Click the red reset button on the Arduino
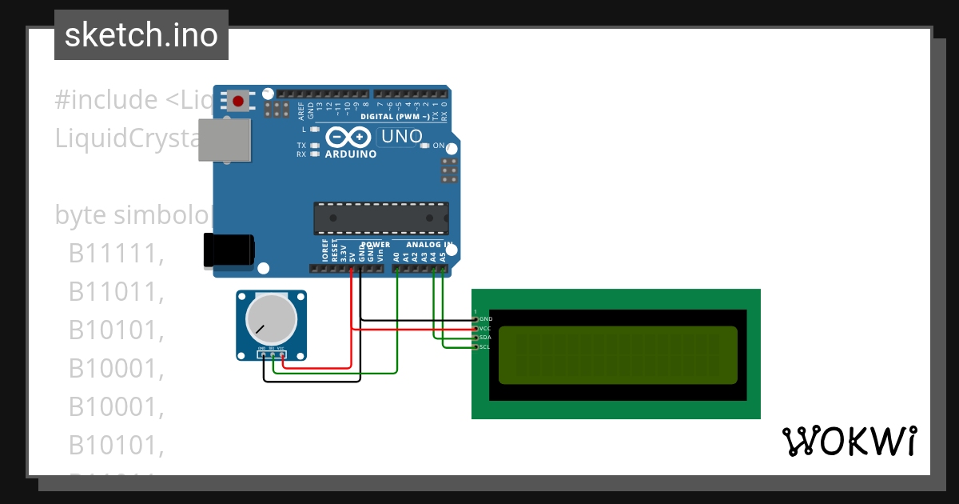(238, 101)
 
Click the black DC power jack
(229, 250)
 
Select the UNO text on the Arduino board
(401, 137)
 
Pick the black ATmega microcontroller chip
(380, 219)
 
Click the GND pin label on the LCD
(485, 319)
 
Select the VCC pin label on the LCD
(485, 328)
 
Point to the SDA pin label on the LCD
(485, 338)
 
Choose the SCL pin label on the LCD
(485, 346)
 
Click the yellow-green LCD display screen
(618, 355)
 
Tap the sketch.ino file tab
(141, 35)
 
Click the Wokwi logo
(849, 441)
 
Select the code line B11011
(116, 292)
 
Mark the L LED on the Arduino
(315, 129)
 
